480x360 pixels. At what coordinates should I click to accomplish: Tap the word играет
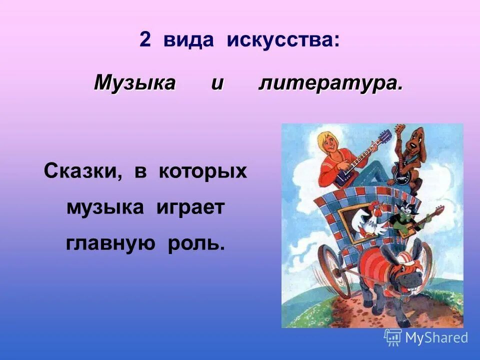click(189, 207)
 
